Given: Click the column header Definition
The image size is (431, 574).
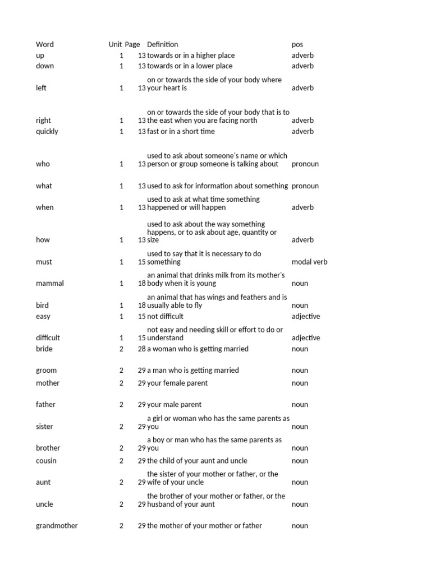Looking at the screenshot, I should coord(162,44).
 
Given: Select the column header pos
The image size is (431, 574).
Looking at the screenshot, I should coord(297,44).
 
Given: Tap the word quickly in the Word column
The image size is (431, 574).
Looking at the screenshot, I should coord(47,131).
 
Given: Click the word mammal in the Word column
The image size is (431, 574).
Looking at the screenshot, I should coord(50,283).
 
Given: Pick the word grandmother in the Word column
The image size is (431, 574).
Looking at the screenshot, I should coord(57,526).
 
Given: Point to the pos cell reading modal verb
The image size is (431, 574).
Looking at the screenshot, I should coord(309,262).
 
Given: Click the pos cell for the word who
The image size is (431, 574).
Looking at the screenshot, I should coord(305,164).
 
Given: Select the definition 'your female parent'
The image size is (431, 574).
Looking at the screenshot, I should coord(177,383).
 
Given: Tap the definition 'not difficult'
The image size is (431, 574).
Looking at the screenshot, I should coord(165,316).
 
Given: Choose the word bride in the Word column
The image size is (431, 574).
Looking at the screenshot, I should coord(44,349).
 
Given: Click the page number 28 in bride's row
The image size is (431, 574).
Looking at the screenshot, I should coord(141,349).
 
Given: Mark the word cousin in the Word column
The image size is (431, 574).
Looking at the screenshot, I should coord(46,461).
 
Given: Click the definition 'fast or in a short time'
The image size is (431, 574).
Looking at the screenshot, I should coord(181,131).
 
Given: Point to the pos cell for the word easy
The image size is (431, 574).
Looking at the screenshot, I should coord(306,316).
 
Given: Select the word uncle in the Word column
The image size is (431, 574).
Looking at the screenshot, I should coord(44,504).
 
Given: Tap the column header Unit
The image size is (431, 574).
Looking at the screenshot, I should coord(115,44).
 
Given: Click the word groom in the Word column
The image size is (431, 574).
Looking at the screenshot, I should coord(46,370).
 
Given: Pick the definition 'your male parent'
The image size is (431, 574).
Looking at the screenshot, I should coord(174,404).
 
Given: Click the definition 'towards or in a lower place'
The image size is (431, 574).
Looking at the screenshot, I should coord(190,66).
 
